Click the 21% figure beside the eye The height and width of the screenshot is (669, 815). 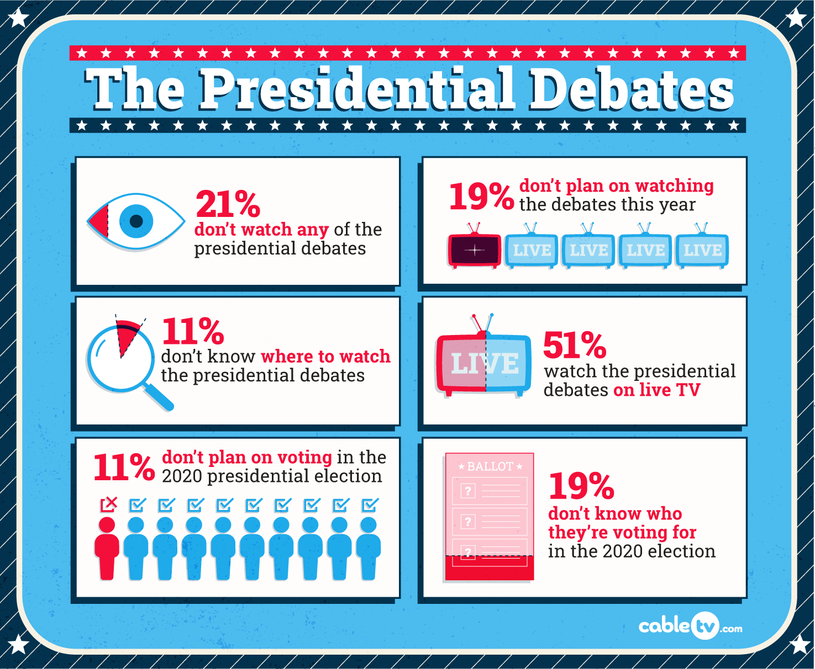228,204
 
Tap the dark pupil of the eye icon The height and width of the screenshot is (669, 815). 136,221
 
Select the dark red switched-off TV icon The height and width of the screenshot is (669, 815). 475,251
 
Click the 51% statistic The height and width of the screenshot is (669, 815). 575,345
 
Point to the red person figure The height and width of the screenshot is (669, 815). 107,548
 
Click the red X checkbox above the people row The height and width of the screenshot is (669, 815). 108,504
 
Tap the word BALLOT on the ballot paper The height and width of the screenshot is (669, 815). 490,466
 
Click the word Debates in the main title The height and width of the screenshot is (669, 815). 632,89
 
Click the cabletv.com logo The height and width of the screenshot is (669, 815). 690,626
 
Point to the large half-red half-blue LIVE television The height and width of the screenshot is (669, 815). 484,363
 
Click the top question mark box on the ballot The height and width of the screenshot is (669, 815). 468,491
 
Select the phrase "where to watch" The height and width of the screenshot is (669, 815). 325,357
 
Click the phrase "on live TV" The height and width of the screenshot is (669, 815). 656,390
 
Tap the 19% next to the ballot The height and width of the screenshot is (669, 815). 581,486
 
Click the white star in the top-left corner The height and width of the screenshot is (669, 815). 19,18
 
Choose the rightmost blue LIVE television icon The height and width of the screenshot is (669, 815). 702,251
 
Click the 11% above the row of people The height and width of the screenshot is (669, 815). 124,468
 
